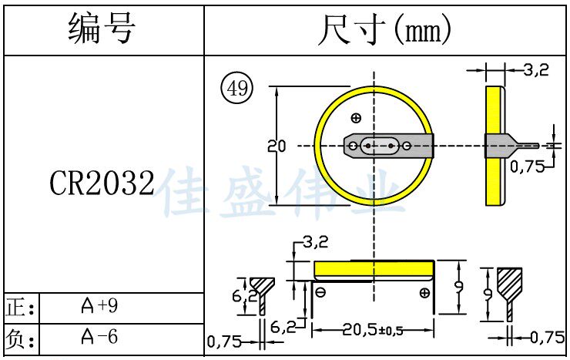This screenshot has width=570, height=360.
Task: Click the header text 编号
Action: tap(102, 30)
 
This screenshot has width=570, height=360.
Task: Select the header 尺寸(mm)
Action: tap(384, 30)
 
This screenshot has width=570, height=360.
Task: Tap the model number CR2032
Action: tap(102, 183)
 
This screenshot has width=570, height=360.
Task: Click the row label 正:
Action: tap(20, 308)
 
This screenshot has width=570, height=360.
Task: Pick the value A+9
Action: tap(100, 307)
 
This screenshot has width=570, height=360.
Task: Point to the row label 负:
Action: tap(20, 338)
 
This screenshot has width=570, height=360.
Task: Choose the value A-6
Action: tap(100, 337)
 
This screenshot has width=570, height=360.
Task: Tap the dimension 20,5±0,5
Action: tap(373, 330)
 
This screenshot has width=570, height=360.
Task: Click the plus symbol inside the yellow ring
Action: tap(356, 118)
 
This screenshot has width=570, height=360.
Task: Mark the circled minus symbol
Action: tap(321, 292)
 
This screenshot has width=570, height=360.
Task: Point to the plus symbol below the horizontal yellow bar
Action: tap(424, 294)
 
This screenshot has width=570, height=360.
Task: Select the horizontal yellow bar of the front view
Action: tap(373, 269)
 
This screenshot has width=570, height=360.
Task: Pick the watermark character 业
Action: tap(378, 191)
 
